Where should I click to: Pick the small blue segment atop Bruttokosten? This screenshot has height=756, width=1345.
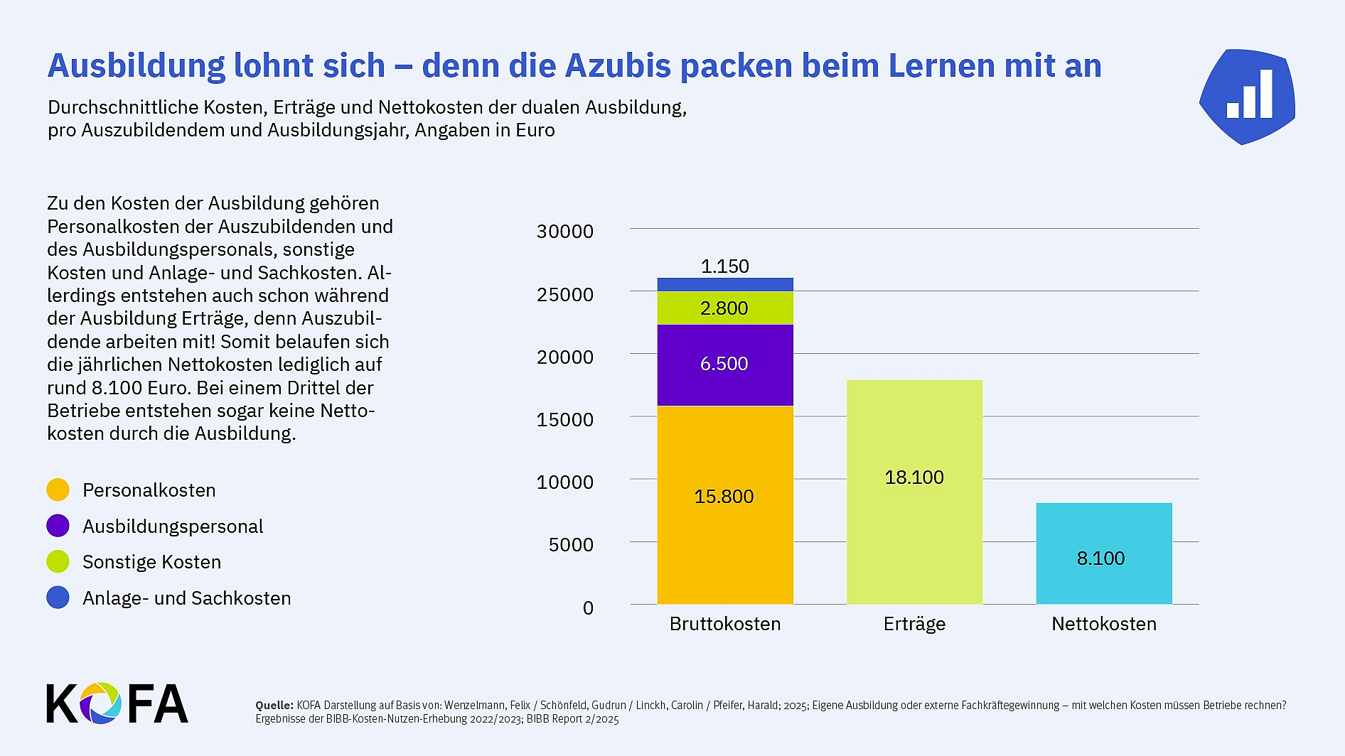pyautogui.click(x=724, y=284)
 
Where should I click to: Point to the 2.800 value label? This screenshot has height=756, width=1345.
pyautogui.click(x=724, y=308)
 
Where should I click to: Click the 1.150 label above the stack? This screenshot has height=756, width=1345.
pyautogui.click(x=724, y=266)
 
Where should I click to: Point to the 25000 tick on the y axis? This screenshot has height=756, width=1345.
pyautogui.click(x=564, y=294)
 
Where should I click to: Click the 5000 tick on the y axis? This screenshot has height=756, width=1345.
pyautogui.click(x=570, y=545)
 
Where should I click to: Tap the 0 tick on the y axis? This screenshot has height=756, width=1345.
pyautogui.click(x=588, y=608)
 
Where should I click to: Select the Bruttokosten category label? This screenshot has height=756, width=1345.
pyautogui.click(x=724, y=624)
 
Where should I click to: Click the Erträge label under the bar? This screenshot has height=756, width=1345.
pyautogui.click(x=914, y=624)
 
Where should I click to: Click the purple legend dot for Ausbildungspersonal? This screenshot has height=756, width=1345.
pyautogui.click(x=58, y=526)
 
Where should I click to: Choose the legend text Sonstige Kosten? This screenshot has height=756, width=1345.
pyautogui.click(x=151, y=562)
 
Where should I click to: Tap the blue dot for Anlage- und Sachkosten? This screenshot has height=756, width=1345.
pyautogui.click(x=58, y=598)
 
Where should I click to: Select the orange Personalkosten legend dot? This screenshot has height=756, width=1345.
pyautogui.click(x=58, y=490)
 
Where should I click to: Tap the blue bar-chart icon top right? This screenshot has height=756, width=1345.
pyautogui.click(x=1248, y=97)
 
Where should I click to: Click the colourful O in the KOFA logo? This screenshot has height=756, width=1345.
pyautogui.click(x=100, y=703)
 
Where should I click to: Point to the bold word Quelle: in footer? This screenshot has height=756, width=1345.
pyautogui.click(x=274, y=706)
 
